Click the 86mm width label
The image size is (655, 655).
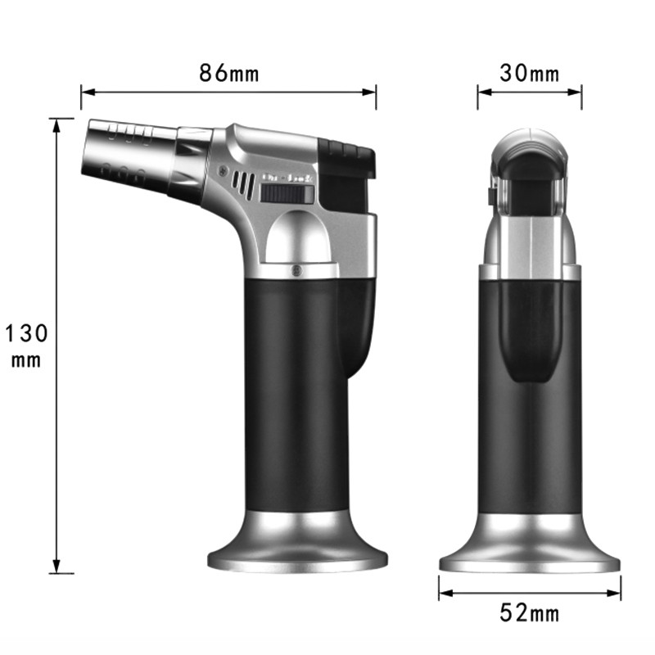point(228,74)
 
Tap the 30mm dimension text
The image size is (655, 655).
point(530,74)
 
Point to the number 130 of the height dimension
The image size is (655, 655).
point(27,333)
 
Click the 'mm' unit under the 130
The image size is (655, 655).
point(27,360)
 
